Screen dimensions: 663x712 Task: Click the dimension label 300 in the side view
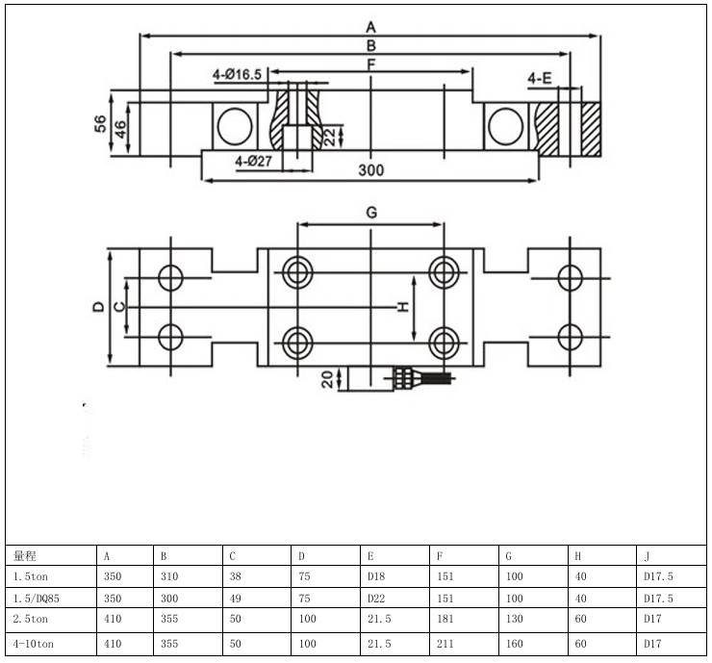pos(371,170)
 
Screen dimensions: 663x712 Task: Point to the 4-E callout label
pos(540,77)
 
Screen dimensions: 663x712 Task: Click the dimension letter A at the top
pos(371,26)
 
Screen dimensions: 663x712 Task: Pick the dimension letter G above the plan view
pos(371,212)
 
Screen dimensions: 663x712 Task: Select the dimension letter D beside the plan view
pos(98,307)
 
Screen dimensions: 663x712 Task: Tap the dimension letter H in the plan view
pos(403,307)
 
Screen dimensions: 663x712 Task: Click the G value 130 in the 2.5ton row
pos(514,619)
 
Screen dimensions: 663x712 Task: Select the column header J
pos(646,556)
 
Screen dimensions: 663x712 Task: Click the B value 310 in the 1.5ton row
pos(169,576)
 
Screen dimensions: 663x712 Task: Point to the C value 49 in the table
pos(236,598)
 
